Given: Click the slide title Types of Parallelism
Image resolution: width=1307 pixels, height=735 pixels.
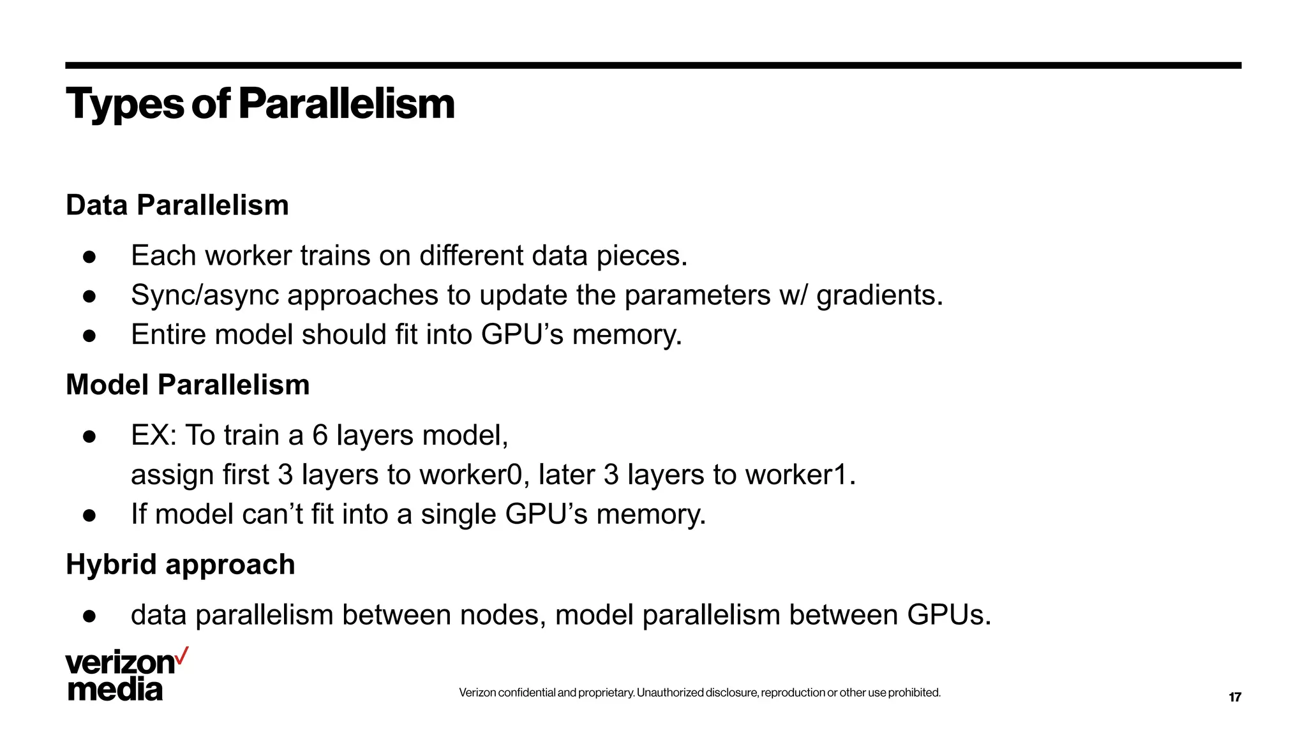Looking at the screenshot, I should [x=260, y=103].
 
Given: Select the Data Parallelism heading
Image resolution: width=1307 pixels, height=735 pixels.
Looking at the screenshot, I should [x=177, y=205].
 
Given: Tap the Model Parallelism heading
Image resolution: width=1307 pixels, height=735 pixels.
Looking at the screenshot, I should [x=188, y=385].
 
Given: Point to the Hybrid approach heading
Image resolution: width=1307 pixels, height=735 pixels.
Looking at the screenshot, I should [x=180, y=565].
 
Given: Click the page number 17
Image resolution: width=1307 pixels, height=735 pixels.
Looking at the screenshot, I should [x=1234, y=697].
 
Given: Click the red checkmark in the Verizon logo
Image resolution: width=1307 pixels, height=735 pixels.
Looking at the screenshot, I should [x=182, y=656].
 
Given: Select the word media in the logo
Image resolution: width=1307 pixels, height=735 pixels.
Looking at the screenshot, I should [x=115, y=690].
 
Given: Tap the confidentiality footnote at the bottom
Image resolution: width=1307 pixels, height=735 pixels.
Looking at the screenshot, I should [x=699, y=693].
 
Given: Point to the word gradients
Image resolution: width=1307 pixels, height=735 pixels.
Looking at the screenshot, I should [x=879, y=295].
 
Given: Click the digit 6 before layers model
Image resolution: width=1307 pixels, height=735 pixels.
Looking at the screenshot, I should [x=319, y=436].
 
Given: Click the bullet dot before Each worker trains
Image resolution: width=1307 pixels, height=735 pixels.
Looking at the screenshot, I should [x=89, y=257].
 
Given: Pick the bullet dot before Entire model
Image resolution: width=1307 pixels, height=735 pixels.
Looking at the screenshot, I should [x=89, y=336].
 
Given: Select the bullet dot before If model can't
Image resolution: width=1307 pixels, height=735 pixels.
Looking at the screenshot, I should [x=89, y=516].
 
